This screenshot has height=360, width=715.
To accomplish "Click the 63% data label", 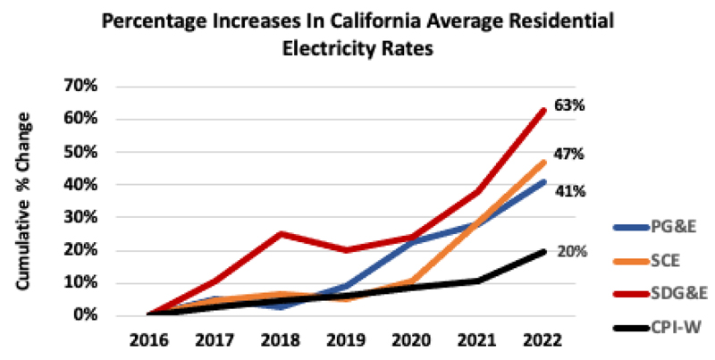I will [x=571, y=105].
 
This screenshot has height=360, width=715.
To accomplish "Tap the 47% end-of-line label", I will [x=571, y=155].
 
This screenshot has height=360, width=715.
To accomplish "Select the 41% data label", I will [x=571, y=191].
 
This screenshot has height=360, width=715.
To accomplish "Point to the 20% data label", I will [x=573, y=251].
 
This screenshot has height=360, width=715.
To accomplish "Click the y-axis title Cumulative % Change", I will [x=31, y=201].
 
